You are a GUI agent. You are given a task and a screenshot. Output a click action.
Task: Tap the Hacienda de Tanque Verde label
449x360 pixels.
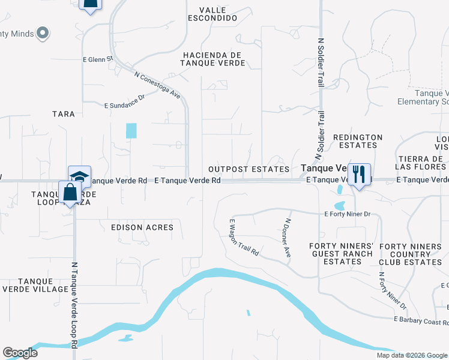coord(212,59)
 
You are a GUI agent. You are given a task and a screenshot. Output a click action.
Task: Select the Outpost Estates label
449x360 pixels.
coord(249,170)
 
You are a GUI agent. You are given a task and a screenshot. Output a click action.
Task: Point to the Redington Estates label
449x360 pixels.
coord(358,141)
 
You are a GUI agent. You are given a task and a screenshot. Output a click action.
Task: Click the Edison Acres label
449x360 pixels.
coord(142,227)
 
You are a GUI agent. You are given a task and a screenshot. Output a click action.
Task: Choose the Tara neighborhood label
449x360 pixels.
coord(64,114)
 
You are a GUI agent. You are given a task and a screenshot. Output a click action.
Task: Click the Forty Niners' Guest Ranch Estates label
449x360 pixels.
coord(342,254)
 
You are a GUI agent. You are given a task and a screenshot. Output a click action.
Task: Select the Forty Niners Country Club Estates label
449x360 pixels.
coord(411,254)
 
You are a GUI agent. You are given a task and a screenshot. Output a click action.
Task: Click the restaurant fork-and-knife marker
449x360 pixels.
coord(359,175)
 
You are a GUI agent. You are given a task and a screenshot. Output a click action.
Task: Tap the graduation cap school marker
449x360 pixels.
coord(79,176)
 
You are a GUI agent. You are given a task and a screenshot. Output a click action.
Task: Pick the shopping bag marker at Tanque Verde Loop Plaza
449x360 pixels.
coord(70,193)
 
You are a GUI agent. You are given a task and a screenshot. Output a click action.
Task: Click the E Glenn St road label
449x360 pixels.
coord(98,59)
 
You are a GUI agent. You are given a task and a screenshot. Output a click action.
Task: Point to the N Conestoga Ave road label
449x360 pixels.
coord(157,85)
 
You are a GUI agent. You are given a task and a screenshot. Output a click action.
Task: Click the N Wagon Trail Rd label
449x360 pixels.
coord(244,237)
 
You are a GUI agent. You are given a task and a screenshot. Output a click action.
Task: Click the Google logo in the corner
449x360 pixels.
coord(20,353)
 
